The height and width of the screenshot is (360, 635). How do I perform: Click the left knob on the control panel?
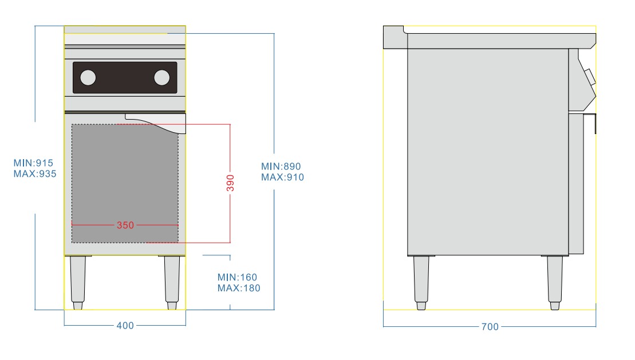tap(88, 77)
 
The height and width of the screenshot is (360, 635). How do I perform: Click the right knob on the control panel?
tap(162, 77)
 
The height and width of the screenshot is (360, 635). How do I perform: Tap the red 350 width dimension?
tap(125, 226)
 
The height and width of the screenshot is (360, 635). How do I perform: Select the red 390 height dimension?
tap(230, 183)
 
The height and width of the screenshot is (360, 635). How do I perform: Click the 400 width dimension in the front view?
tap(125, 326)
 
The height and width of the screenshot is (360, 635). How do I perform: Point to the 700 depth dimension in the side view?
tap(490, 327)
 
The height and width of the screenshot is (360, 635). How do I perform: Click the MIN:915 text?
tap(33, 163)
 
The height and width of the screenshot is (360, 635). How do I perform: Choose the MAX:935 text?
tap(34, 174)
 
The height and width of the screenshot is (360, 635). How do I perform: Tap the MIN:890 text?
tap(281, 167)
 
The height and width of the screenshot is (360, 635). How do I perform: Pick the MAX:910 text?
tap(282, 177)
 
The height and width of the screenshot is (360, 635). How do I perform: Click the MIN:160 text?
tap(238, 277)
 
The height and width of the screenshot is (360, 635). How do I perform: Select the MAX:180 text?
tap(239, 288)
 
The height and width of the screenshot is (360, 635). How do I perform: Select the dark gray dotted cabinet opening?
tap(125, 183)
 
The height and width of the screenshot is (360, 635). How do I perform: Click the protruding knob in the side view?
tap(589, 76)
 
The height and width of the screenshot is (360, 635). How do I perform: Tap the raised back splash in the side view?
tap(393, 35)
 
